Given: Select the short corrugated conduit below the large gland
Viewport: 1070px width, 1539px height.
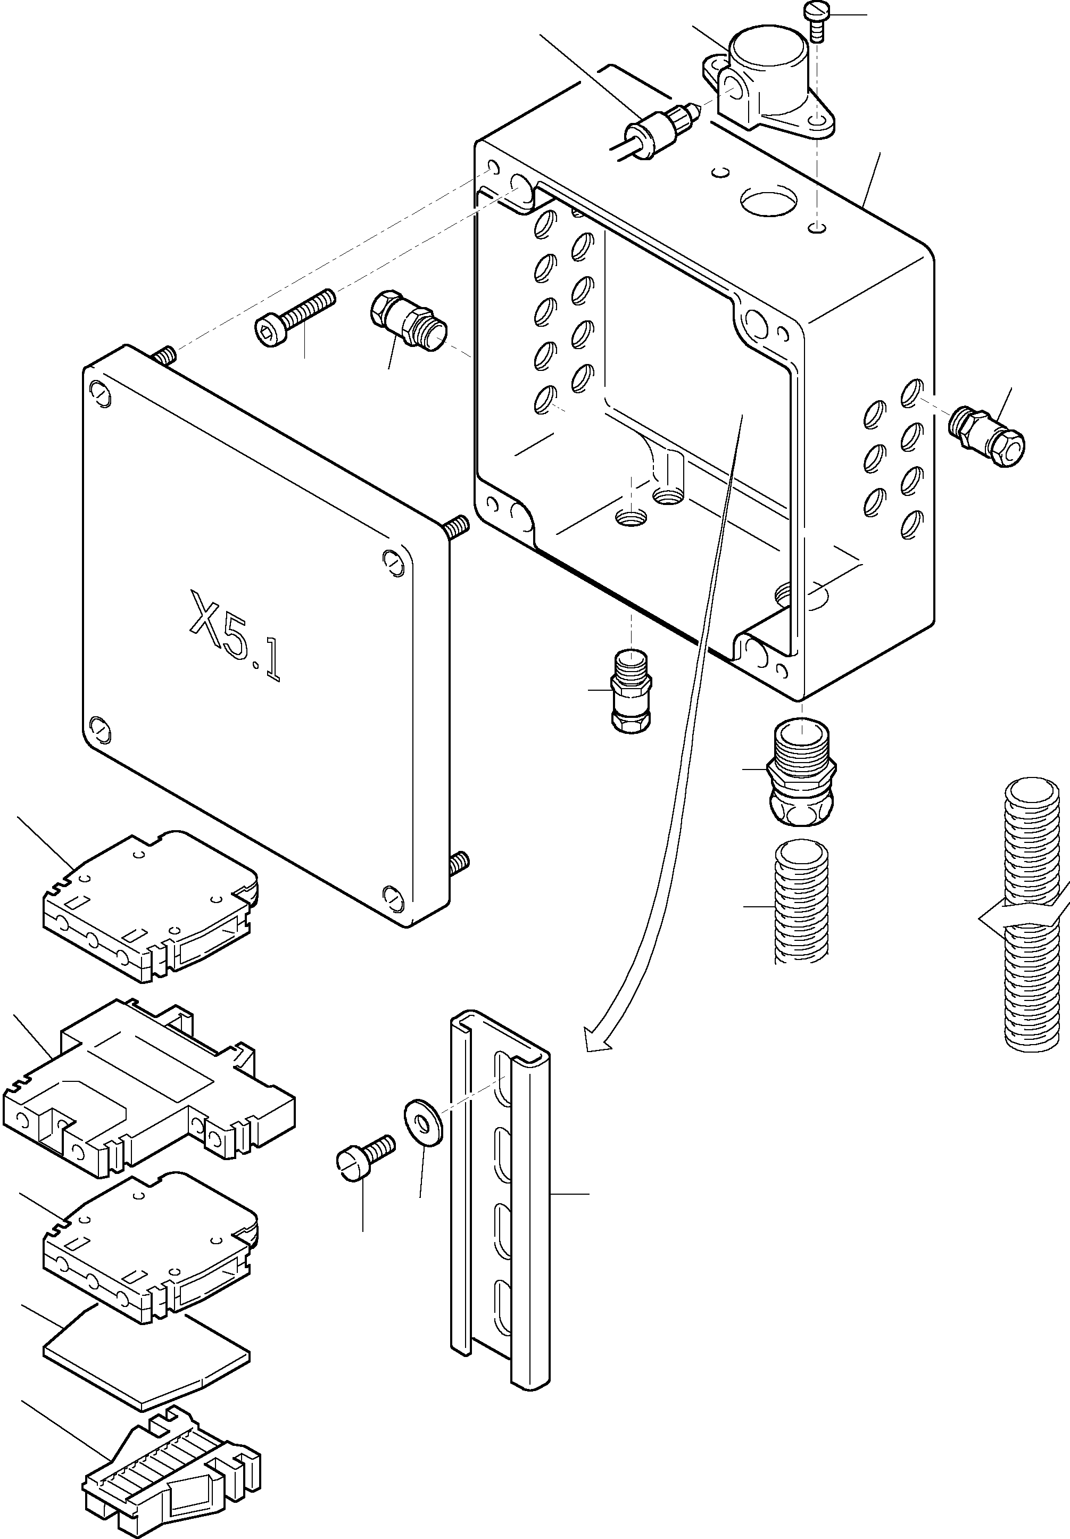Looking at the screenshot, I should pos(801,901).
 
